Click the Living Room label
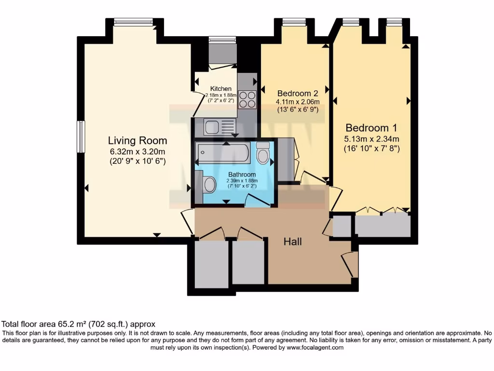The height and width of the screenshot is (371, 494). (137, 141)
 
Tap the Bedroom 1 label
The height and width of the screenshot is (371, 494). (371, 128)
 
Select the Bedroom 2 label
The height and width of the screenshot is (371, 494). (298, 93)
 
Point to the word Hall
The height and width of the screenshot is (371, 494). (293, 242)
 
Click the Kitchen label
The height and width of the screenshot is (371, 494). (221, 89)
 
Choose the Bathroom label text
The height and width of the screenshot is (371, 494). (242, 174)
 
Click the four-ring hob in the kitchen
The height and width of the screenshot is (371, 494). (247, 100)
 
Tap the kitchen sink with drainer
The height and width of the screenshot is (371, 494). (220, 127)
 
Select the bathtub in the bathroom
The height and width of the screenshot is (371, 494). (223, 153)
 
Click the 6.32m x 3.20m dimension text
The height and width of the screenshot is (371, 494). (137, 152)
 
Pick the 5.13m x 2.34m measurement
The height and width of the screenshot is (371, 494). (372, 139)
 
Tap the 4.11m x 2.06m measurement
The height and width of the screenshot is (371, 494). (298, 102)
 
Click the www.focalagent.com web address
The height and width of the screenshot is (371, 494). (315, 348)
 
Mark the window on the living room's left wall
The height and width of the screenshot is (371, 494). (81, 137)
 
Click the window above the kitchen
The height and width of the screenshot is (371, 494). (222, 40)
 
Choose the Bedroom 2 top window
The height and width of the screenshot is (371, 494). (295, 22)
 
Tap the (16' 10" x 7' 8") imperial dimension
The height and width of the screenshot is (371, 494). (372, 148)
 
